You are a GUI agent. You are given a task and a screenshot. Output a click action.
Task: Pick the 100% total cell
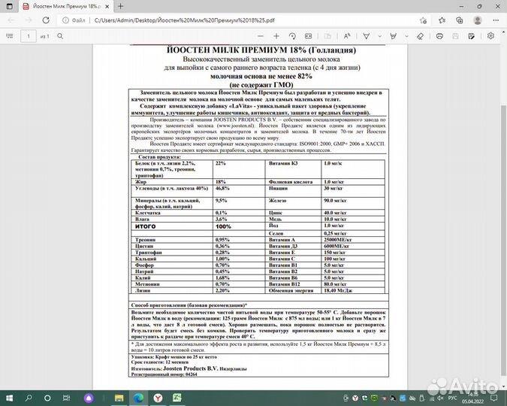point(224,226)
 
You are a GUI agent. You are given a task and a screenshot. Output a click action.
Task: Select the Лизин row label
point(143,290)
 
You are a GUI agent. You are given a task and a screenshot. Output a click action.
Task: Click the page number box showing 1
point(29,35)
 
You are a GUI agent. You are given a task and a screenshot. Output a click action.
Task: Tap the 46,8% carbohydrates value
point(222,189)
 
